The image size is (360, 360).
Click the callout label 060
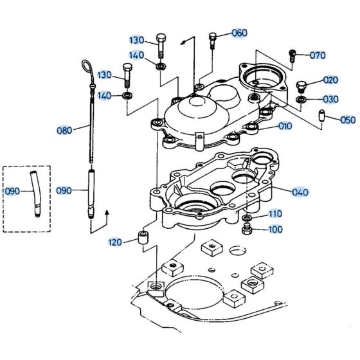[239, 33]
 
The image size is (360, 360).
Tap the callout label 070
[318, 55]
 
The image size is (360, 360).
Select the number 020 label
[330, 80]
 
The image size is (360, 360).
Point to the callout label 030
[330, 99]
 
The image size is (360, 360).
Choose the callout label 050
[347, 120]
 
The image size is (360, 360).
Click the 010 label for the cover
[285, 126]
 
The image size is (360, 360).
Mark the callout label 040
[300, 192]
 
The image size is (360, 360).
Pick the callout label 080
[64, 130]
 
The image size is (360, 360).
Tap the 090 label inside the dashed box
[13, 192]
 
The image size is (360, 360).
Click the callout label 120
[115, 242]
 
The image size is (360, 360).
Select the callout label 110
[275, 213]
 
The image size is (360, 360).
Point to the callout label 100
[275, 229]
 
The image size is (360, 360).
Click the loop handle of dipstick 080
[88, 68]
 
